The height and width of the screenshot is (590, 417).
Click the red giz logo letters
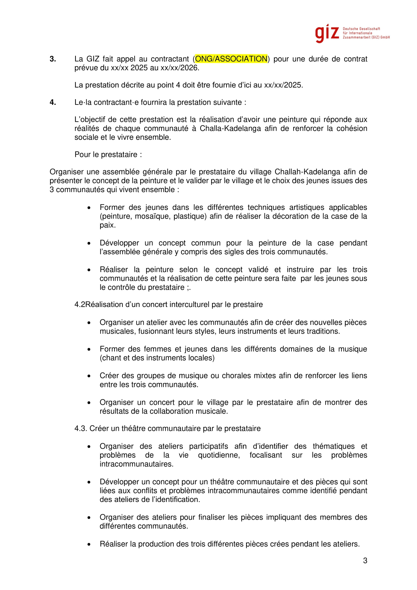pos(327,33)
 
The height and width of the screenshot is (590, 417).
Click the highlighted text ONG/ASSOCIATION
pos(231,59)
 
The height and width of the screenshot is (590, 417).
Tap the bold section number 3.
pos(53,59)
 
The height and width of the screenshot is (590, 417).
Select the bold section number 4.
pos(53,102)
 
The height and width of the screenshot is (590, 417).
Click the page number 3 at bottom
pos(365,560)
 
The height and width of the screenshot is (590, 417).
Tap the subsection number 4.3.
pos(81,428)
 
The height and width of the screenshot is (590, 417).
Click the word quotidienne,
pos(219,455)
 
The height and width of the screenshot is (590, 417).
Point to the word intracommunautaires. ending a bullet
pos(136,464)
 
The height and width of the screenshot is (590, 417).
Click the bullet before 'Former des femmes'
pos(89,349)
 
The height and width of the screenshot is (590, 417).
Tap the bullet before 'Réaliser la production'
pos(89,544)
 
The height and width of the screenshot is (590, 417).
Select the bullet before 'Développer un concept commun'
pos(89,243)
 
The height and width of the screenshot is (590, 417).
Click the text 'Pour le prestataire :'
pos(108,154)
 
